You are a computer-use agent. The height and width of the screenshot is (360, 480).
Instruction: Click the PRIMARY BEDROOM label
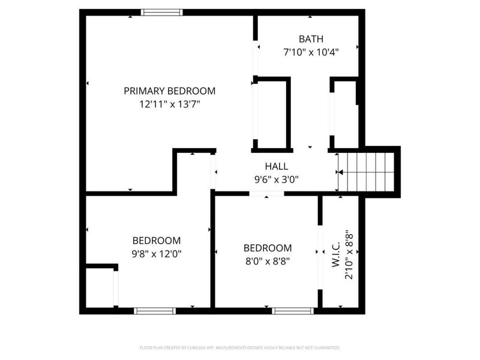click(x=169, y=91)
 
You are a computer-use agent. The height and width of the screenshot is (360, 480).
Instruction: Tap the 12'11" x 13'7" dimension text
click(x=169, y=104)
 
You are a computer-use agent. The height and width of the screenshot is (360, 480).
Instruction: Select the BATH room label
click(x=311, y=40)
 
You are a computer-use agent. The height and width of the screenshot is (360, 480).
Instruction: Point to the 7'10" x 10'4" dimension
click(x=311, y=52)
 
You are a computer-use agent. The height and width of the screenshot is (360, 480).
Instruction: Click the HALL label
click(x=277, y=166)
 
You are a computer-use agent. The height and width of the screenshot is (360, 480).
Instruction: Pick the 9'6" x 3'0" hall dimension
click(x=277, y=179)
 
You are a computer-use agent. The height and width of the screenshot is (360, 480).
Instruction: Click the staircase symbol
click(x=365, y=172)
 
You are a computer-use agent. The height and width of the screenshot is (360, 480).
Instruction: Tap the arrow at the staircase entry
click(x=340, y=172)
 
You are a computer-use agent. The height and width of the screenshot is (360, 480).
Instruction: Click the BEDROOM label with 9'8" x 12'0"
click(x=157, y=241)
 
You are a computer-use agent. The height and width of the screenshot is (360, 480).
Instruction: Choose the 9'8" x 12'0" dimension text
click(x=157, y=253)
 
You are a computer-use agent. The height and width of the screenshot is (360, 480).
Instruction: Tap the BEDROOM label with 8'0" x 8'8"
click(x=268, y=248)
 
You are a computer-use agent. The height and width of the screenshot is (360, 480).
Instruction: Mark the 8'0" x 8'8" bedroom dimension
click(x=268, y=261)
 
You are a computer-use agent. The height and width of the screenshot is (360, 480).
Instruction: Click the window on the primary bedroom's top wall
click(x=162, y=12)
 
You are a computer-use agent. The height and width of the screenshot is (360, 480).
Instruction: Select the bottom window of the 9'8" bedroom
click(x=154, y=311)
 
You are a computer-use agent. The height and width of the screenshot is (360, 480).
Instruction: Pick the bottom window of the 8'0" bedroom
click(x=293, y=311)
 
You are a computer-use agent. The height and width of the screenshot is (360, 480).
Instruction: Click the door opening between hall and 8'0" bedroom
click(x=267, y=194)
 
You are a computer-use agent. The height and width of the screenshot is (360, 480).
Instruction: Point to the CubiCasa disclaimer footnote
click(x=239, y=347)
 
